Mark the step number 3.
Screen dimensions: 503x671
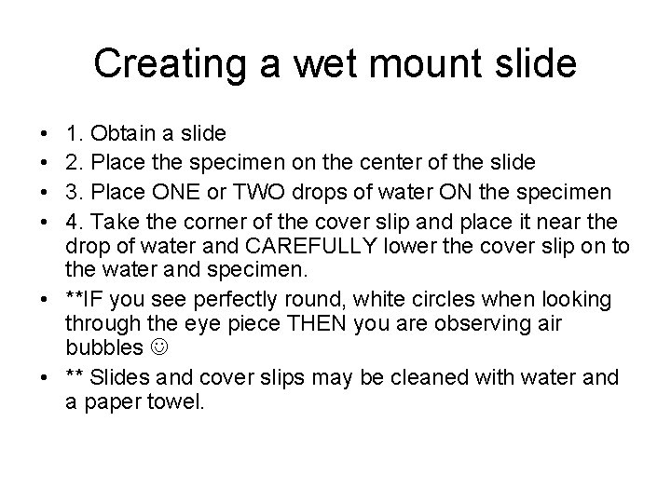(x=73, y=191)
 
